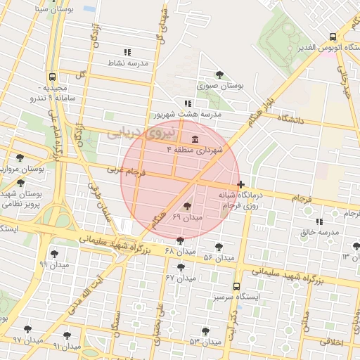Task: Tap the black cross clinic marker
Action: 242,184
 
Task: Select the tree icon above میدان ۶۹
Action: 187,206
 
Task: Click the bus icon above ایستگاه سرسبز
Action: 236,286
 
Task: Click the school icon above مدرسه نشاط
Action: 127,53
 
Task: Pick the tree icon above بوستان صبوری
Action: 220,75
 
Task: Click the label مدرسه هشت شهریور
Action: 186,114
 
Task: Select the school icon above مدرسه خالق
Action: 319,221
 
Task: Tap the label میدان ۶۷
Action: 179,278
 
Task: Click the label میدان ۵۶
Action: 218,258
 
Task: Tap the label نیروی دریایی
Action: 132,132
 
